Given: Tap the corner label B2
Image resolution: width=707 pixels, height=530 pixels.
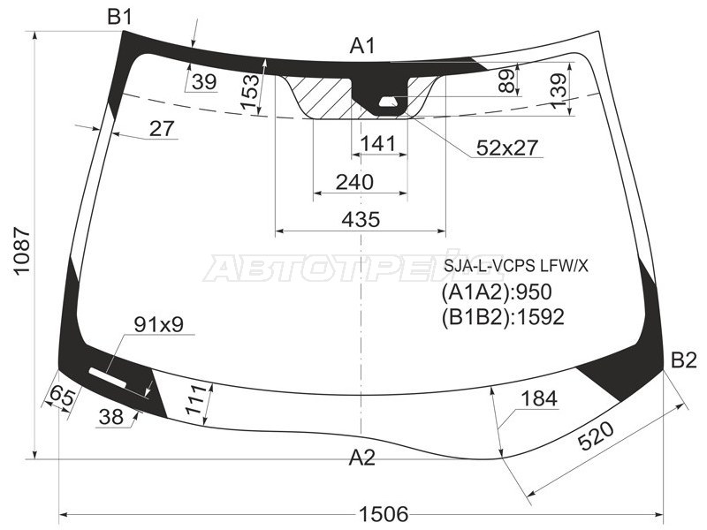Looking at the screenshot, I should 683,360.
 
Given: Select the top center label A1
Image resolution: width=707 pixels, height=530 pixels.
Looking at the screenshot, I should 363,45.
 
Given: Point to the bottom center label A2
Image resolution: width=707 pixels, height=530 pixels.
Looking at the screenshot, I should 361,457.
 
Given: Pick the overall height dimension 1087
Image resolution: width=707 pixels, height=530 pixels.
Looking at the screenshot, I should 23,251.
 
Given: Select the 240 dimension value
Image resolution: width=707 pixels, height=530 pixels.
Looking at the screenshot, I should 355,181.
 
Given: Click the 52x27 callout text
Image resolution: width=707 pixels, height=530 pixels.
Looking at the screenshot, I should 507,148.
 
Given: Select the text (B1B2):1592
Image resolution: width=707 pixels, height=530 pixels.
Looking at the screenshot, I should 502,316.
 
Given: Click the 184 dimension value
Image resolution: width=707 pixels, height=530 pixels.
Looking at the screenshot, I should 538,398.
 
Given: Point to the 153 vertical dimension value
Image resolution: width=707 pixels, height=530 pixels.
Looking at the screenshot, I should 251,92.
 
